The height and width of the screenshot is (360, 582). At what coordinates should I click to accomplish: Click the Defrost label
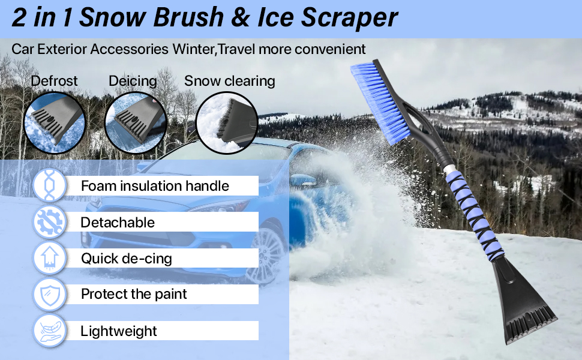[55, 80]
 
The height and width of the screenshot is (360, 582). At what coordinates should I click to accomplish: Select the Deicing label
[133, 80]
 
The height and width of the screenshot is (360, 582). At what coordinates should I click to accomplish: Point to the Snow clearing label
[229, 80]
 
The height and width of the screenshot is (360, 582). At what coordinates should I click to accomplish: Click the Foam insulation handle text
[155, 186]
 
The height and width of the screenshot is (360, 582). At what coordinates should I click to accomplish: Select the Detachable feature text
[118, 223]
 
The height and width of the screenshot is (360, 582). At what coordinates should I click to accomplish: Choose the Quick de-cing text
[127, 259]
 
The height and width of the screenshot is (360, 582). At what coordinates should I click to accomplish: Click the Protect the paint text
[134, 294]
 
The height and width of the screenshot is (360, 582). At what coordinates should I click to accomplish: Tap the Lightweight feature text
[119, 331]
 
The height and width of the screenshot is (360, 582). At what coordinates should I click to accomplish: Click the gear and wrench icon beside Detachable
[49, 222]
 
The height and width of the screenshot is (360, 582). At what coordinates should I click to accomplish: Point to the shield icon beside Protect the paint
[49, 294]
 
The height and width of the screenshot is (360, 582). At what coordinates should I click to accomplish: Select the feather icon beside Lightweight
[49, 331]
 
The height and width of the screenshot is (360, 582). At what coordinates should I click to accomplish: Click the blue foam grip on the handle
[474, 210]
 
